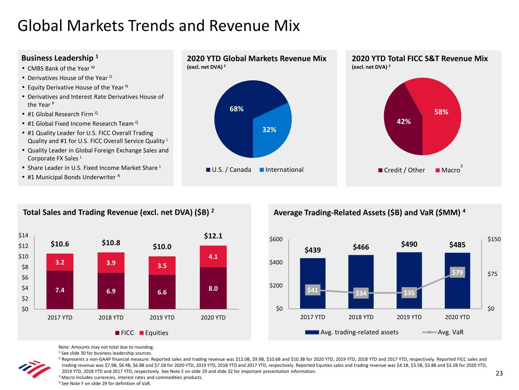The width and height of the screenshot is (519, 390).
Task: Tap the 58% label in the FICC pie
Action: [441, 112]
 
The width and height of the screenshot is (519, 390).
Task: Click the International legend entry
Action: [282, 170]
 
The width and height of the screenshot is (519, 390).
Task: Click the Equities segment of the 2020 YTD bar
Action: [213, 257]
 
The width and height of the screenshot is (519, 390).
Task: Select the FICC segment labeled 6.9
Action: [111, 291]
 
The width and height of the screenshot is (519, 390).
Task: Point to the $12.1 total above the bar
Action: [213, 236]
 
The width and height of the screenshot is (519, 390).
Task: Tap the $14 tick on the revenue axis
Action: [23, 236]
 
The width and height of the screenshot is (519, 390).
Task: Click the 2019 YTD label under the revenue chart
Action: [162, 318]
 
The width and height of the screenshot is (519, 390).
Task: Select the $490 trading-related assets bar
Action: [409, 280]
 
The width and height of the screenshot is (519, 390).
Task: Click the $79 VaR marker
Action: [457, 272]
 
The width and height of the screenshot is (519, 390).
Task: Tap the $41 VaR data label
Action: [313, 290]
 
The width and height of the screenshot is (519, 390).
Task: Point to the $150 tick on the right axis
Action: [494, 239]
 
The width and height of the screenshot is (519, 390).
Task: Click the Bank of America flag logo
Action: [34, 369]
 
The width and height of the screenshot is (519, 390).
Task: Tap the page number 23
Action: [499, 373]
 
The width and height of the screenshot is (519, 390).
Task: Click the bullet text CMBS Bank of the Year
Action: [59, 69]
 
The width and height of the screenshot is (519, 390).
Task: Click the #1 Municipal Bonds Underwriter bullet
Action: [71, 177]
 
